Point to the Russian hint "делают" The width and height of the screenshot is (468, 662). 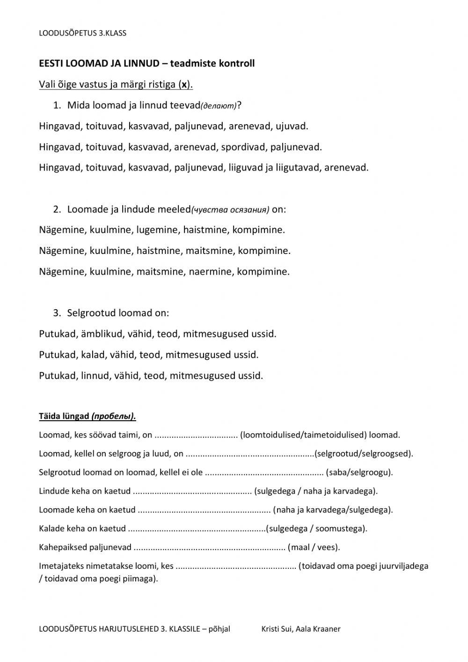pyautogui.click(x=218, y=106)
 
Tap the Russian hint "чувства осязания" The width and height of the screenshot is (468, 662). pyautogui.click(x=230, y=210)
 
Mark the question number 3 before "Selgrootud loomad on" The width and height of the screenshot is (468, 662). pyautogui.click(x=57, y=313)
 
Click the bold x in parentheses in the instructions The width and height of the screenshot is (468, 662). pyautogui.click(x=184, y=85)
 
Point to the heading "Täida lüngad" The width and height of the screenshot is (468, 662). pyautogui.click(x=64, y=416)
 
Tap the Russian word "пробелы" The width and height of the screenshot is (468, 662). pyautogui.click(x=114, y=417)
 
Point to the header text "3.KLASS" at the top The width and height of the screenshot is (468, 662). pyautogui.click(x=111, y=33)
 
